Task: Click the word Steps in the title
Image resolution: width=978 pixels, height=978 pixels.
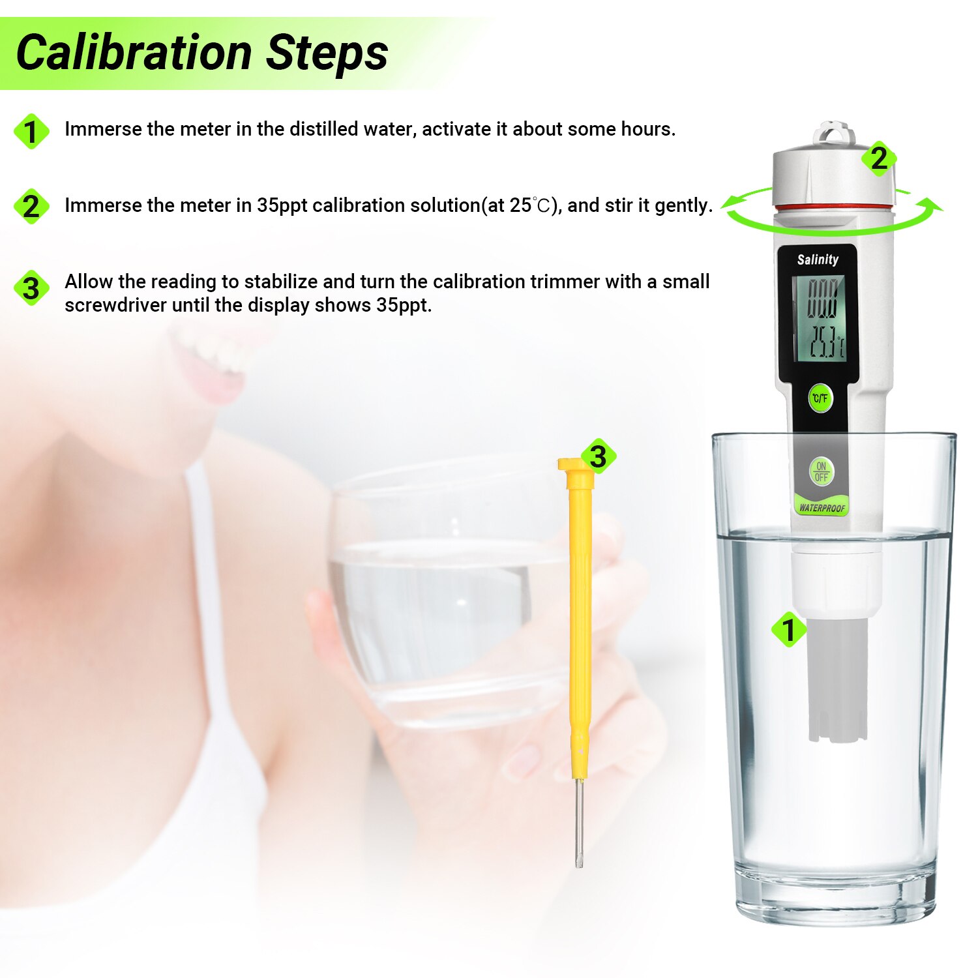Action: click(x=327, y=53)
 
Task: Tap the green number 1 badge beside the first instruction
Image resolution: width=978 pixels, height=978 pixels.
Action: click(x=31, y=132)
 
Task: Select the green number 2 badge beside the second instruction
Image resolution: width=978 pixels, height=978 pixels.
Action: click(x=31, y=207)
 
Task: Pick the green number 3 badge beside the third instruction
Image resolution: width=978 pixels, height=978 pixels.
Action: click(x=31, y=288)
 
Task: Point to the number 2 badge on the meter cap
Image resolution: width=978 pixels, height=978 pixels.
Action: click(x=879, y=158)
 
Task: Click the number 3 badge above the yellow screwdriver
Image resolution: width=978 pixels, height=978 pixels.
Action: click(x=598, y=456)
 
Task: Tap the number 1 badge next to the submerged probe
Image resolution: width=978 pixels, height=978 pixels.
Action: click(x=789, y=630)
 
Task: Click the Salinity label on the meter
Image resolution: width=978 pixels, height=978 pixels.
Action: click(x=818, y=259)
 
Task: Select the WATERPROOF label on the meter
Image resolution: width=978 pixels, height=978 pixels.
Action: click(x=822, y=508)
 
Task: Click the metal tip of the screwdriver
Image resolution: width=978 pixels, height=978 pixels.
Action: click(x=579, y=825)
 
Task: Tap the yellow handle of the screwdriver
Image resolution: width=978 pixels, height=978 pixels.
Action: click(x=580, y=619)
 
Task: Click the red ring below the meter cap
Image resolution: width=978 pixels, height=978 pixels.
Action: click(x=833, y=207)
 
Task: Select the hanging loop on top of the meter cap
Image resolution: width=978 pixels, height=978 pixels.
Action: click(x=833, y=132)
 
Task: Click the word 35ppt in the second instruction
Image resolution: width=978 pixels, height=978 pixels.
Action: click(x=282, y=205)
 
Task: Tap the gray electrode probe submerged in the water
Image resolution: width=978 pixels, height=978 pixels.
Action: click(x=837, y=678)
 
